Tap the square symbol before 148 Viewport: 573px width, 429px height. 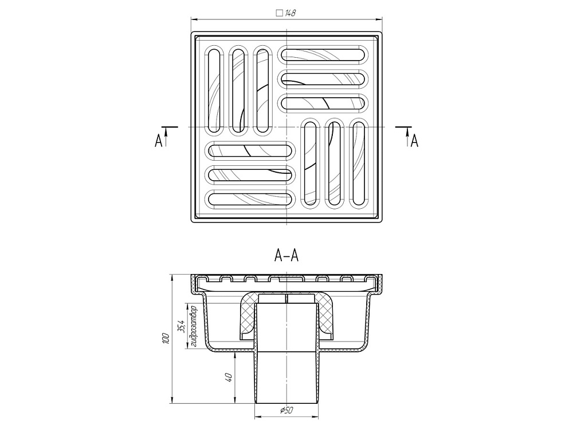click(280, 14)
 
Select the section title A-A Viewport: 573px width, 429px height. click(286, 256)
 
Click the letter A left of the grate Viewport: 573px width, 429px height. click(158, 141)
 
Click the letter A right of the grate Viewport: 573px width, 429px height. click(414, 141)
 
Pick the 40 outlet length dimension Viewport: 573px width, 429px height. click(229, 378)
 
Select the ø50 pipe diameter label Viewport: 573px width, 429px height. click(286, 410)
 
